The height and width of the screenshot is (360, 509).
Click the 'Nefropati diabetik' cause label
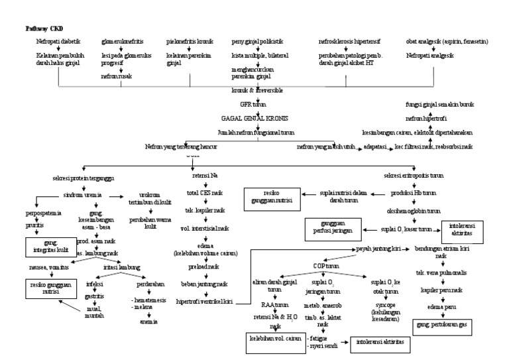[58, 42]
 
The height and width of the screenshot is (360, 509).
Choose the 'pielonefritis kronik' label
[190, 42]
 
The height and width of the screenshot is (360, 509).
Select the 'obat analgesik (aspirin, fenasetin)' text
[447, 42]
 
